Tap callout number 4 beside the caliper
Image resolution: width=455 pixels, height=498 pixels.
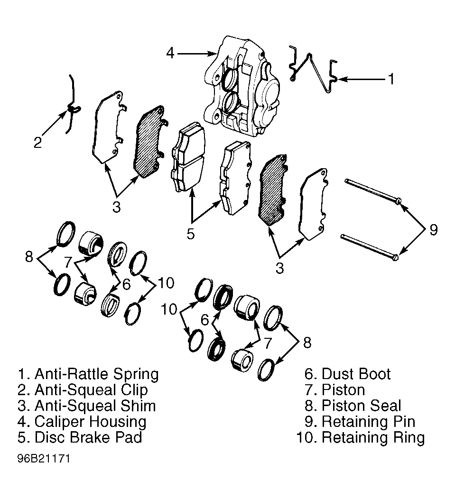pyautogui.click(x=170, y=53)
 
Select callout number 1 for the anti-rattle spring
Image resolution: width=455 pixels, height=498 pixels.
pyautogui.click(x=391, y=79)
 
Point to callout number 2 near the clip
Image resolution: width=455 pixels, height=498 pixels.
pyautogui.click(x=37, y=142)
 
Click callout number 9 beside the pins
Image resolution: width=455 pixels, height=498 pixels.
pyautogui.click(x=433, y=229)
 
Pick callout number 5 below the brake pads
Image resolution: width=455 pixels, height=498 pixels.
pyautogui.click(x=190, y=234)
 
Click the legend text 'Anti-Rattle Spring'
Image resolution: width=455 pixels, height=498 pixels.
pyautogui.click(x=96, y=374)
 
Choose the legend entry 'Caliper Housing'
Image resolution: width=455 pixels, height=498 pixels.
pyautogui.click(x=90, y=422)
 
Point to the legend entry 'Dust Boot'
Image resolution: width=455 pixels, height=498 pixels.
pyautogui.click(x=356, y=374)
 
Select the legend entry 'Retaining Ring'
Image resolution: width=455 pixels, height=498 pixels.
pyautogui.click(x=373, y=437)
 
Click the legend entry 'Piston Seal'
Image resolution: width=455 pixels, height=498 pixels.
pyautogui.click(x=362, y=406)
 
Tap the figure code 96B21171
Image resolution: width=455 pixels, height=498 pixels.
pyautogui.click(x=44, y=459)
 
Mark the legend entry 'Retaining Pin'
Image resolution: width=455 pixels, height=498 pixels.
pyautogui.click(x=369, y=421)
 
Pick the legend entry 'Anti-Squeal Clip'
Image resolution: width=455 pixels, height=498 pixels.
pyautogui.click(x=91, y=389)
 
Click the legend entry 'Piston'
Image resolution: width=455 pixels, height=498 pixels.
pyautogui.click(x=344, y=389)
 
